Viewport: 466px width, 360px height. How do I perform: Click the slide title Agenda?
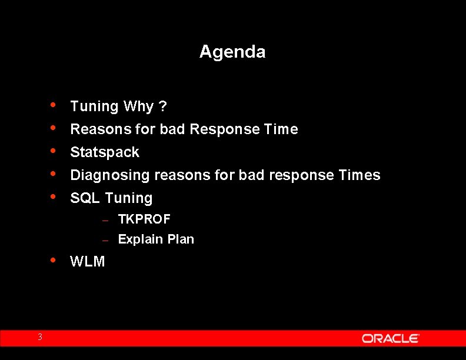point(232,52)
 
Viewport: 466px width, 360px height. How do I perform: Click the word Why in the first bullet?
point(138,106)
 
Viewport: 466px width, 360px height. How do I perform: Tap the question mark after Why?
point(162,106)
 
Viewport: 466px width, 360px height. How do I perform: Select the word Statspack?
point(105,152)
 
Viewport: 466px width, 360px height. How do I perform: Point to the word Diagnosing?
point(109,175)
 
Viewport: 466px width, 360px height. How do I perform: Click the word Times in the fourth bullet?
point(360,175)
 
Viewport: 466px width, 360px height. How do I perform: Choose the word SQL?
point(85,198)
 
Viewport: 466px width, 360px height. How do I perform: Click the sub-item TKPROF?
point(144,219)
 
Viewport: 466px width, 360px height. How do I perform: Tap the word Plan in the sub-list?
point(181,239)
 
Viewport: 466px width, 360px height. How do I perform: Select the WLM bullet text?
point(88,262)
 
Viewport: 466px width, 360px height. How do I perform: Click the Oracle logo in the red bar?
point(390,338)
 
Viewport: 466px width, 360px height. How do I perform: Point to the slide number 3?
point(40,337)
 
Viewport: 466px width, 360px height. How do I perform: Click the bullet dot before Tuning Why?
point(54,106)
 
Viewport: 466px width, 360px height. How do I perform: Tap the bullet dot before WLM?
point(54,260)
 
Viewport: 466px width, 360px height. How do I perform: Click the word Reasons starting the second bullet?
point(96,129)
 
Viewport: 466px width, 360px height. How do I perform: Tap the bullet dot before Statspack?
point(54,151)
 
